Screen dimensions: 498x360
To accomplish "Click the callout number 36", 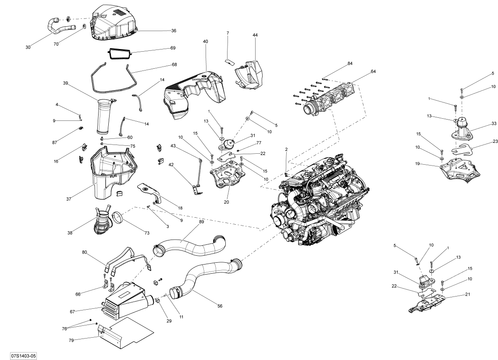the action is pyautogui.click(x=174, y=31).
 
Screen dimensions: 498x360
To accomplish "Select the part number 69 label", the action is pyautogui.click(x=173, y=48).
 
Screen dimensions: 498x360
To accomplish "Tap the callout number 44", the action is pyautogui.click(x=255, y=35).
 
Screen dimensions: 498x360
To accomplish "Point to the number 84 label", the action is pyautogui.click(x=350, y=64).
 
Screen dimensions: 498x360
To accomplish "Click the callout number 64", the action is pyautogui.click(x=373, y=71).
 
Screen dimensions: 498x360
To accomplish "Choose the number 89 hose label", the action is pyautogui.click(x=201, y=222).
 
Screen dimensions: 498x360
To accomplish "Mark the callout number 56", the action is pyautogui.click(x=220, y=306).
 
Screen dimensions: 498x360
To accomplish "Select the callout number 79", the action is pyautogui.click(x=71, y=340).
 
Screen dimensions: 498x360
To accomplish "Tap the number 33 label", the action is pyautogui.click(x=494, y=124).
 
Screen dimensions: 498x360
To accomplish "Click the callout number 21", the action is pyautogui.click(x=467, y=294).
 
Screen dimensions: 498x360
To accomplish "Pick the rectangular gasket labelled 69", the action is pyautogui.click(x=120, y=53).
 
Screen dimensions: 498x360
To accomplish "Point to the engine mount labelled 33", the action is pyautogui.click(x=461, y=127).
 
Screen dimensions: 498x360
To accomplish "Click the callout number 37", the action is pyautogui.click(x=68, y=199).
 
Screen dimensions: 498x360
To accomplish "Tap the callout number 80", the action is pyautogui.click(x=84, y=252).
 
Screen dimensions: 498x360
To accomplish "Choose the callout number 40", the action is pyautogui.click(x=206, y=42).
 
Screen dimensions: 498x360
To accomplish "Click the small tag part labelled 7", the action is pyautogui.click(x=228, y=61).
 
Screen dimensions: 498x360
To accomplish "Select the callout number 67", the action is pyautogui.click(x=72, y=312).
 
